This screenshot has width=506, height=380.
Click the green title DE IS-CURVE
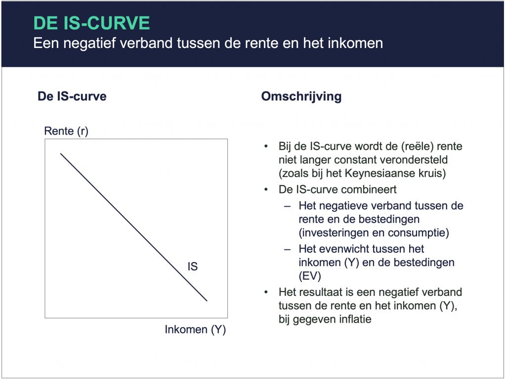click(x=91, y=23)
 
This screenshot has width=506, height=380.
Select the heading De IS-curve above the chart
click(x=72, y=96)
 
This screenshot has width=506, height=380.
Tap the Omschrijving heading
click(x=301, y=96)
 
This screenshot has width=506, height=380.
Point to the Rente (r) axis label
click(x=66, y=131)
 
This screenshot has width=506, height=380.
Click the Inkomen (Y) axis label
click(x=195, y=330)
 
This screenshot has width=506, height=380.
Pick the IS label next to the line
click(x=193, y=267)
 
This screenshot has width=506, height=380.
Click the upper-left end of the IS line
click(x=61, y=154)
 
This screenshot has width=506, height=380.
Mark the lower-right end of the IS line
click(x=207, y=301)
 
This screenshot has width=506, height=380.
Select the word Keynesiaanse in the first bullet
click(x=379, y=174)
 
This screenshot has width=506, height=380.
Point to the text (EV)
click(x=310, y=276)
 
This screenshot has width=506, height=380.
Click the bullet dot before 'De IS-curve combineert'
click(x=266, y=190)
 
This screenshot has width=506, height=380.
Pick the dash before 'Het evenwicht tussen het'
click(x=287, y=249)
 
